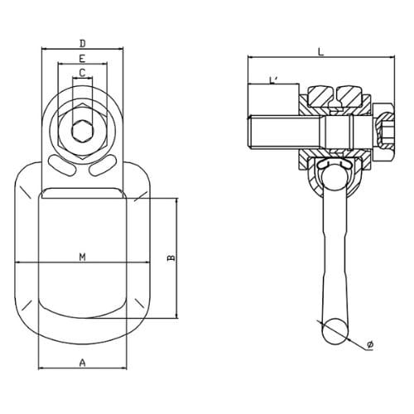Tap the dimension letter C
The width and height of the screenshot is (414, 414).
click(81, 73)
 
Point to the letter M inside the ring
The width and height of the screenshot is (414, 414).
click(82, 257)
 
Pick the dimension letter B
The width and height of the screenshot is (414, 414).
click(171, 258)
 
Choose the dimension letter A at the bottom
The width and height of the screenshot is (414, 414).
click(82, 362)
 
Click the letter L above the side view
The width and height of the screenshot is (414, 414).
click(320, 51)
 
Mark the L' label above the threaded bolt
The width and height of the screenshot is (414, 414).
click(273, 79)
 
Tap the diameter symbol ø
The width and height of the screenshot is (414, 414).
click(369, 343)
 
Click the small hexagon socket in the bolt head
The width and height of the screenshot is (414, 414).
click(81, 131)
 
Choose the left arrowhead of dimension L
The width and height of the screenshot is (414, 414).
click(248, 57)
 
